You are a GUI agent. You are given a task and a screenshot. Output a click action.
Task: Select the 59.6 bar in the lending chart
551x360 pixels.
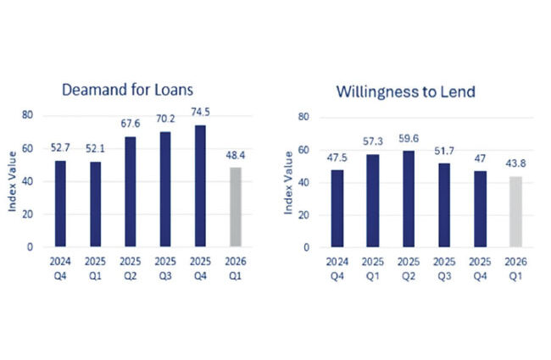pos(409,199)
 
